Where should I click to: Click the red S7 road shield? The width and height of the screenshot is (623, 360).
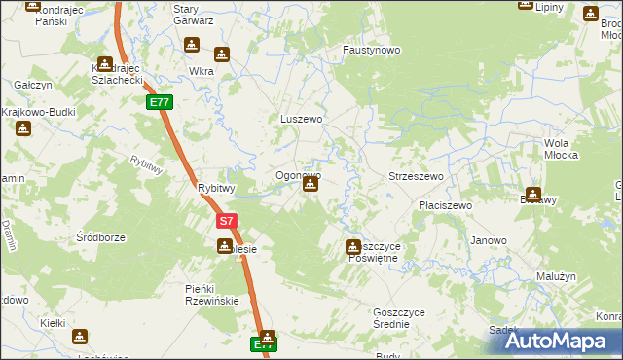225,222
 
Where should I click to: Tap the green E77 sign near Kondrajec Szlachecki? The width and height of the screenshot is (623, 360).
160,102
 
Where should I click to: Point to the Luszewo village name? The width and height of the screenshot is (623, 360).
301,119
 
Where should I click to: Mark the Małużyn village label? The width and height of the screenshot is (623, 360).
556,276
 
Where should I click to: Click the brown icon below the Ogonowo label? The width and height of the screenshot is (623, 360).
310,183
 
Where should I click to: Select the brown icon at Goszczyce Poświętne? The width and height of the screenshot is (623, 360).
353,247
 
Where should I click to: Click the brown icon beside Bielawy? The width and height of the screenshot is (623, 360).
533,193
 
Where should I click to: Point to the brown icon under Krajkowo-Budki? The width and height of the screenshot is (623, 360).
21,128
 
